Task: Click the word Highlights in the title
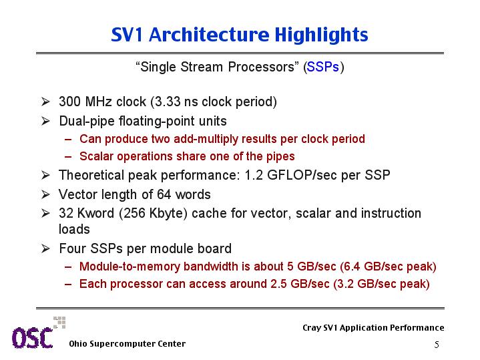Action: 321,35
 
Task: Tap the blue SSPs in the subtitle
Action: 323,67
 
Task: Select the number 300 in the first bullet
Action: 70,102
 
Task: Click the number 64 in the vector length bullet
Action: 164,194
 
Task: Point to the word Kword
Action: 95,213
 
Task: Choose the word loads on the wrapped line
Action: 74,229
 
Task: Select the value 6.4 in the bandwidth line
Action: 352,266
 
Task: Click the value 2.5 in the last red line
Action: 278,284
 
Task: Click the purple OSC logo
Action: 33,338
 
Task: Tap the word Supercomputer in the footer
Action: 121,344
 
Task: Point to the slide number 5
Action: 437,345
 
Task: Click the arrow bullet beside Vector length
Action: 45,194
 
